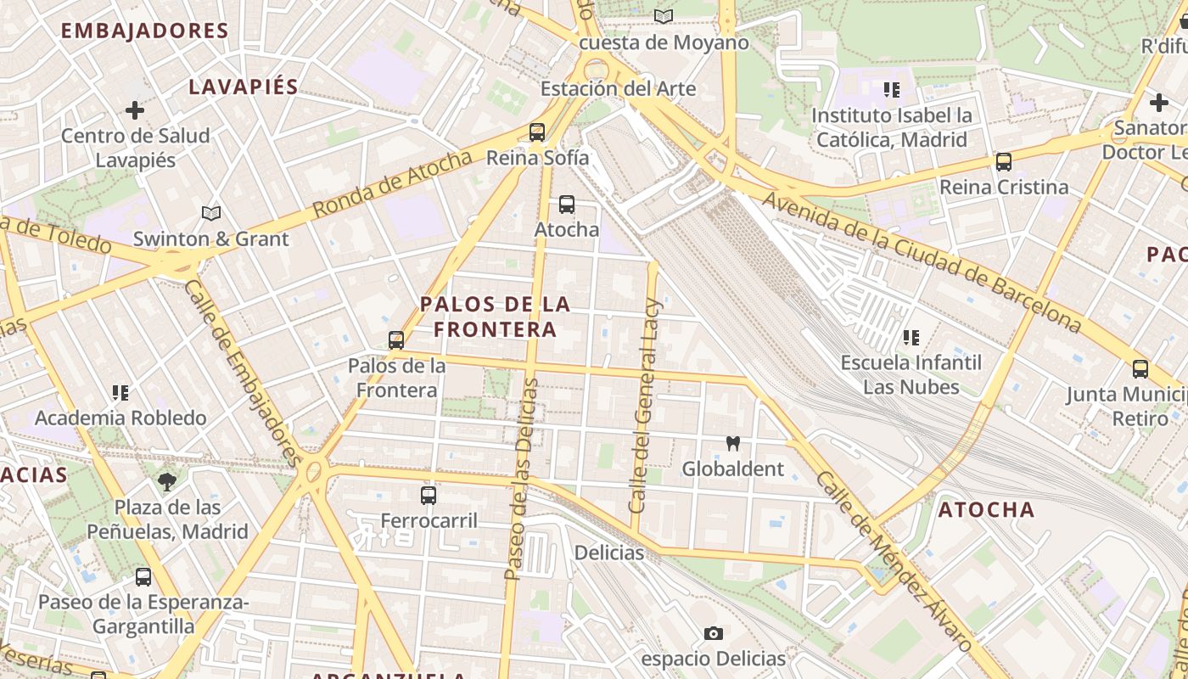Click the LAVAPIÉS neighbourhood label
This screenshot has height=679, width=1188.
click(244, 87)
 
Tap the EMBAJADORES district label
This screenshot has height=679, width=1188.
click(145, 31)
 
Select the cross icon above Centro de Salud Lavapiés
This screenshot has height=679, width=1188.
click(134, 110)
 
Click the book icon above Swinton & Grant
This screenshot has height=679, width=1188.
click(211, 214)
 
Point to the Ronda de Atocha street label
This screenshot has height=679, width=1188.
click(391, 183)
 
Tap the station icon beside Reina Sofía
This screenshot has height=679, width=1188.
click(536, 132)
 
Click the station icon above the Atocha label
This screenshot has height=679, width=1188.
click(566, 205)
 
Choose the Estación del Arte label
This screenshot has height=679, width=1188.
click(618, 88)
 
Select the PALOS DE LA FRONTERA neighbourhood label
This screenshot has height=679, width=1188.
click(496, 317)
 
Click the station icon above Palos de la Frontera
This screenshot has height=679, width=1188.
click(395, 340)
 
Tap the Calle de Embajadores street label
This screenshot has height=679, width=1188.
click(242, 373)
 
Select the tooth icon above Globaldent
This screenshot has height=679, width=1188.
click(733, 443)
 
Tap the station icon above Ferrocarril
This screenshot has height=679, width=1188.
click(429, 496)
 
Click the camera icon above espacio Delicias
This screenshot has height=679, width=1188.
click(713, 633)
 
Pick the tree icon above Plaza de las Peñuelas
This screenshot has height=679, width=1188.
click(167, 482)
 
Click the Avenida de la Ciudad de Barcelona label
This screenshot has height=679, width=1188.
click(922, 262)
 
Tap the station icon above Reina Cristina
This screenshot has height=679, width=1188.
click(1003, 161)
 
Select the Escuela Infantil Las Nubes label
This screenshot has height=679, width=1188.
click(911, 374)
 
